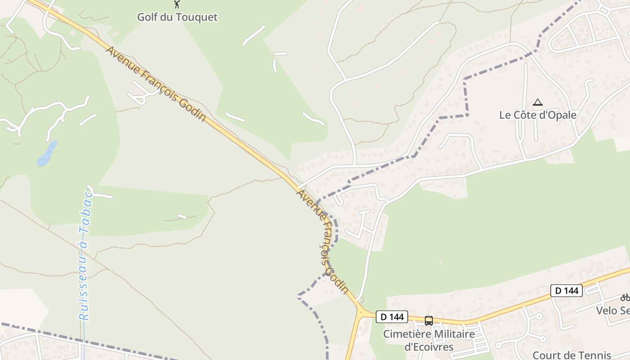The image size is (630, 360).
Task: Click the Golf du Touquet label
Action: [x=177, y=17]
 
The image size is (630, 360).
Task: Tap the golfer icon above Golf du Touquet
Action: [x=177, y=4]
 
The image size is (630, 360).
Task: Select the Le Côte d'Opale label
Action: [x=538, y=115]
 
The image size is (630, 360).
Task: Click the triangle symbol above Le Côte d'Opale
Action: [x=538, y=103]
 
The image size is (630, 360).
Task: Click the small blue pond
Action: [x=47, y=153]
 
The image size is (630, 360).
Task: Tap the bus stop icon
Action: [x=428, y=321]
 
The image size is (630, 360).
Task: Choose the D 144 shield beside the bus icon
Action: [x=392, y=317]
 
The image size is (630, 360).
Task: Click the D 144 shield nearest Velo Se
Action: [x=567, y=291]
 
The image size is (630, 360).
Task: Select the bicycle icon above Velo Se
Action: [x=625, y=297]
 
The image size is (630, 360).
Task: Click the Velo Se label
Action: [x=612, y=310]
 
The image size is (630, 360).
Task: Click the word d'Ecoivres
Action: [x=429, y=347]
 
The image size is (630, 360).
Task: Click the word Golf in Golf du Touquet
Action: [x=147, y=17]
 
